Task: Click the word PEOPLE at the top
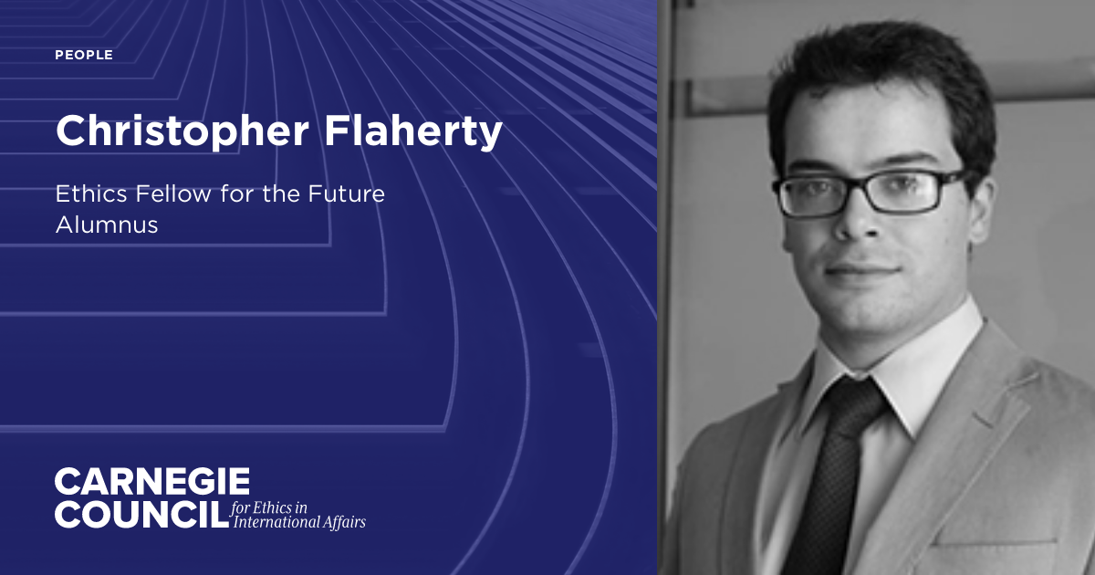84,56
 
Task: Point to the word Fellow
165,193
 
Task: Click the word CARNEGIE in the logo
151,482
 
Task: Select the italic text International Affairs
300,522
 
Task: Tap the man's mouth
860,271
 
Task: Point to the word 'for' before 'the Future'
226,193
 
